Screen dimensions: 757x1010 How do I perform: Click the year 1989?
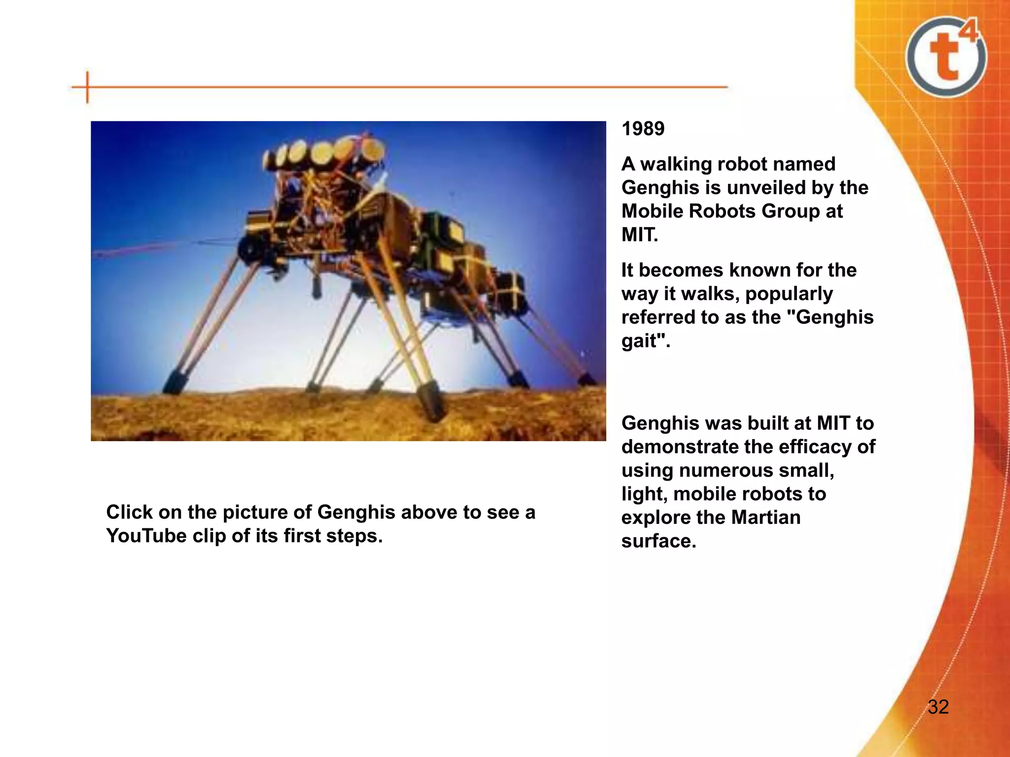pyautogui.click(x=643, y=129)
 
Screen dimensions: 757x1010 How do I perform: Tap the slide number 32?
pyautogui.click(x=938, y=707)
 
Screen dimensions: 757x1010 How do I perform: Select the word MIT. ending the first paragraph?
pyautogui.click(x=640, y=235)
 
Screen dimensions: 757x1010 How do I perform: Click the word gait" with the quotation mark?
pyautogui.click(x=646, y=341)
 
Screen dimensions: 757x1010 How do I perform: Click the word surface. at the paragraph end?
pyautogui.click(x=658, y=541)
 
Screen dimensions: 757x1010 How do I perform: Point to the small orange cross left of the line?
pyautogui.click(x=87, y=87)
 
